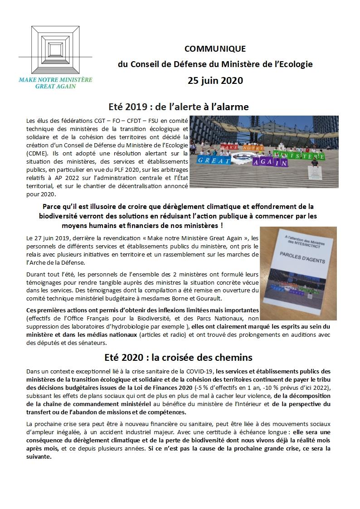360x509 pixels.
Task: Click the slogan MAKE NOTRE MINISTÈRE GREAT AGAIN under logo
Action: (x=55, y=82)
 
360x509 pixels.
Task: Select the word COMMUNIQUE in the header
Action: (x=215, y=48)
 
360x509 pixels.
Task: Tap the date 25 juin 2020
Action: (x=215, y=81)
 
